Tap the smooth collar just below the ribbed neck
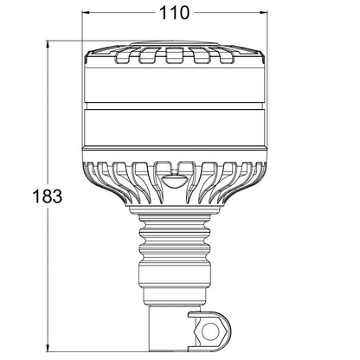point(171,281)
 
